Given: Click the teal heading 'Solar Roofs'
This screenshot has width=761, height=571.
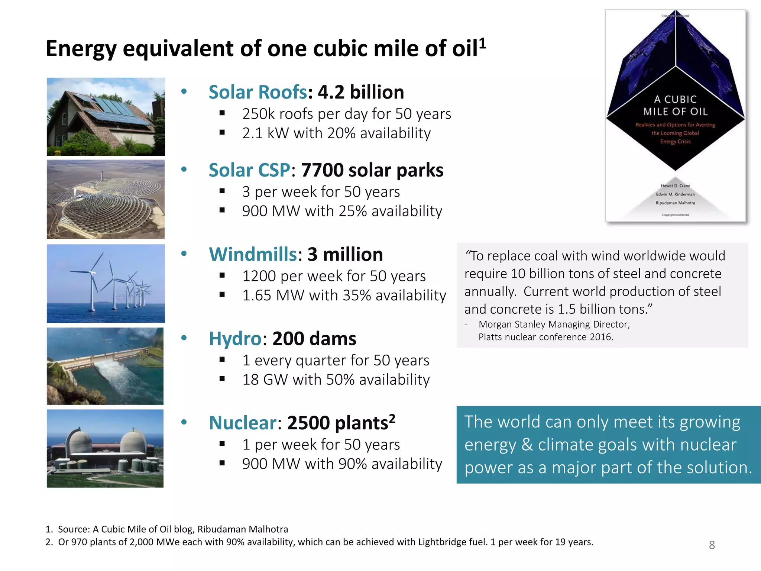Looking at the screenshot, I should coord(258,92).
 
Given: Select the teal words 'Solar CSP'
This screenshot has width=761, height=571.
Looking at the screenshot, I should coord(249,170).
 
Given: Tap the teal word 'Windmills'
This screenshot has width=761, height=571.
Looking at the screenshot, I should coord(253,255).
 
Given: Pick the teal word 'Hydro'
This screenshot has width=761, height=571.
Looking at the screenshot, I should coord(235,339).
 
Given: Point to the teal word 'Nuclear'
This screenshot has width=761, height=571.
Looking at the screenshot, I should coord(243,423).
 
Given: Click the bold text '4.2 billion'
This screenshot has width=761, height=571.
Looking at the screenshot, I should coord(361,92).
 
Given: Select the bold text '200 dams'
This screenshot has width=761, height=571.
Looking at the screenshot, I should coord(314,339).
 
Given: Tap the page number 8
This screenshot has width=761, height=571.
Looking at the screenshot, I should coord(712,545).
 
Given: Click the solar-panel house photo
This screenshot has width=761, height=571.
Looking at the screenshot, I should coord(106,116).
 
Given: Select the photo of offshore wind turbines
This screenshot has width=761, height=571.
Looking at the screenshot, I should coord(106,283).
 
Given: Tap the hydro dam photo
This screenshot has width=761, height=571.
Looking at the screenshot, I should coord(105,366).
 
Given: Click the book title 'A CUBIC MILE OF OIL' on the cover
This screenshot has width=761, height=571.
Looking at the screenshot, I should coord(675,105).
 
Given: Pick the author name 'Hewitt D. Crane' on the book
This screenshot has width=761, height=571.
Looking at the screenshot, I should coord(675,186).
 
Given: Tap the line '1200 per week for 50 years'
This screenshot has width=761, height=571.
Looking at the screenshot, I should coord(334,276).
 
